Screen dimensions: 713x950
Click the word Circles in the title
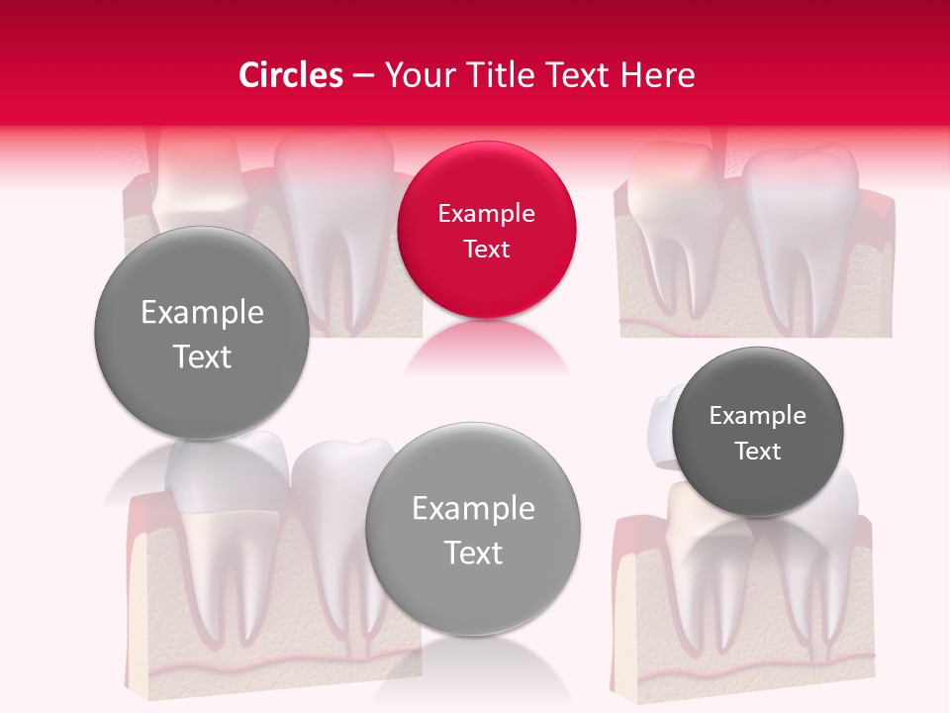click(x=291, y=75)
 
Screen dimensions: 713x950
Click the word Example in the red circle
click(x=486, y=214)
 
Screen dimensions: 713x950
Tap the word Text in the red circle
click(x=486, y=250)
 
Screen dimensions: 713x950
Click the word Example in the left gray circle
click(x=202, y=313)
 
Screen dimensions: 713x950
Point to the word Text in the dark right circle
click(x=758, y=452)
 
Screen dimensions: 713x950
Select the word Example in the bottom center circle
click(x=473, y=509)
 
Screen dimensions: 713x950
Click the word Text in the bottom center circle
click(x=473, y=553)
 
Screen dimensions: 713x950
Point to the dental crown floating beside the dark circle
click(x=660, y=426)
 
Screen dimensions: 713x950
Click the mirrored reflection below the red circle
click(x=486, y=347)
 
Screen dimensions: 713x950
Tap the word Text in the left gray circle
click(x=202, y=356)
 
